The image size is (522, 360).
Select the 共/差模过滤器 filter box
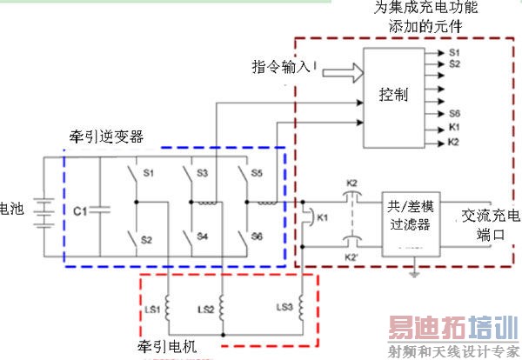point(412,223)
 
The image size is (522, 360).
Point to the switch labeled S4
point(186,236)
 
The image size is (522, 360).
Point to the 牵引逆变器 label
point(106,137)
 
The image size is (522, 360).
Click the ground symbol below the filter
point(418,276)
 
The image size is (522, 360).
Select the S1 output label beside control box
point(454,53)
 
